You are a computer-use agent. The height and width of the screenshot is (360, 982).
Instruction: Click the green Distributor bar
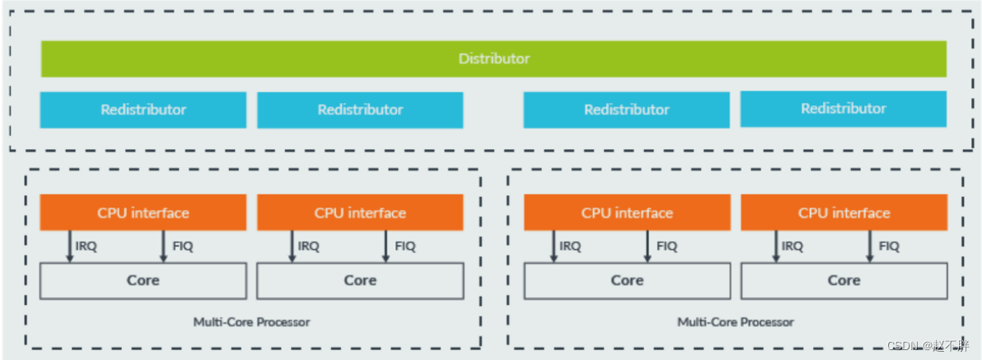[493, 59]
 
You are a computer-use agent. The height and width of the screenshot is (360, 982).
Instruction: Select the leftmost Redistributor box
[143, 110]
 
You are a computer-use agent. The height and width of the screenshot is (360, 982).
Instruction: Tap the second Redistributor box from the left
[360, 110]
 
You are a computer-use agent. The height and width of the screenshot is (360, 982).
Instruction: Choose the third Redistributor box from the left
[626, 110]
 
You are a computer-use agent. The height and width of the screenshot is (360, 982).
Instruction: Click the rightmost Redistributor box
[844, 109]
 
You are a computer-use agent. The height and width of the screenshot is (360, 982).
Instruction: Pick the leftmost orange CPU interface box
[143, 213]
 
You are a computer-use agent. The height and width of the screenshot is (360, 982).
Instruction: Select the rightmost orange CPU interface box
[844, 213]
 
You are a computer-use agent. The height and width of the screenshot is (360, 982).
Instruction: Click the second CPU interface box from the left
[360, 213]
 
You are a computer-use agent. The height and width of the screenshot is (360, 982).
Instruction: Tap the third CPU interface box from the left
[626, 213]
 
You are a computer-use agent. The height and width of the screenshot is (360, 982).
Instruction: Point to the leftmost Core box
[143, 281]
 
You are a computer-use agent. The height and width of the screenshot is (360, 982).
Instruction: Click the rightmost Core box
[844, 281]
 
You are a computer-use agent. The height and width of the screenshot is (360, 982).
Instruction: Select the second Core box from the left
[360, 281]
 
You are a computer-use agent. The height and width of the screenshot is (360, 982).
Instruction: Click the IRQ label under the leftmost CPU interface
[86, 246]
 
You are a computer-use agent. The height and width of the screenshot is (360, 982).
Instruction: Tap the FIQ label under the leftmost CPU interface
[181, 246]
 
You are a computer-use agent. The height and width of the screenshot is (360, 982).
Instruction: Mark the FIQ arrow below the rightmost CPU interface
[869, 246]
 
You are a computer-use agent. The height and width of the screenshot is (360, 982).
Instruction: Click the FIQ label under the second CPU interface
[405, 246]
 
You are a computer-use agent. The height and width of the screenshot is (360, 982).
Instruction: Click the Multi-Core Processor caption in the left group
[252, 322]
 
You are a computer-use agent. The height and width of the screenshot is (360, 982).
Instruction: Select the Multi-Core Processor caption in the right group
[736, 322]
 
